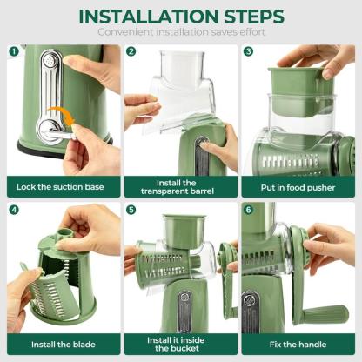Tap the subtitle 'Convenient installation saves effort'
click(x=180, y=33)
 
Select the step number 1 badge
click(x=13, y=51)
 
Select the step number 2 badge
click(x=131, y=51)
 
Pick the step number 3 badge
click(x=248, y=51)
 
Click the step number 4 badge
click(x=13, y=210)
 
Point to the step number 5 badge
click(x=131, y=210)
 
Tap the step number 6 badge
click(x=248, y=210)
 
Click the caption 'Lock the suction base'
click(x=61, y=185)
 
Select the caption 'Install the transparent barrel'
click(x=179, y=185)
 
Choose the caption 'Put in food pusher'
click(x=298, y=185)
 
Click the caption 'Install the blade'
click(x=61, y=344)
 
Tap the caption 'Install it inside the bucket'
click(x=179, y=345)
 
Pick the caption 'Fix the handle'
click(x=298, y=344)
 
